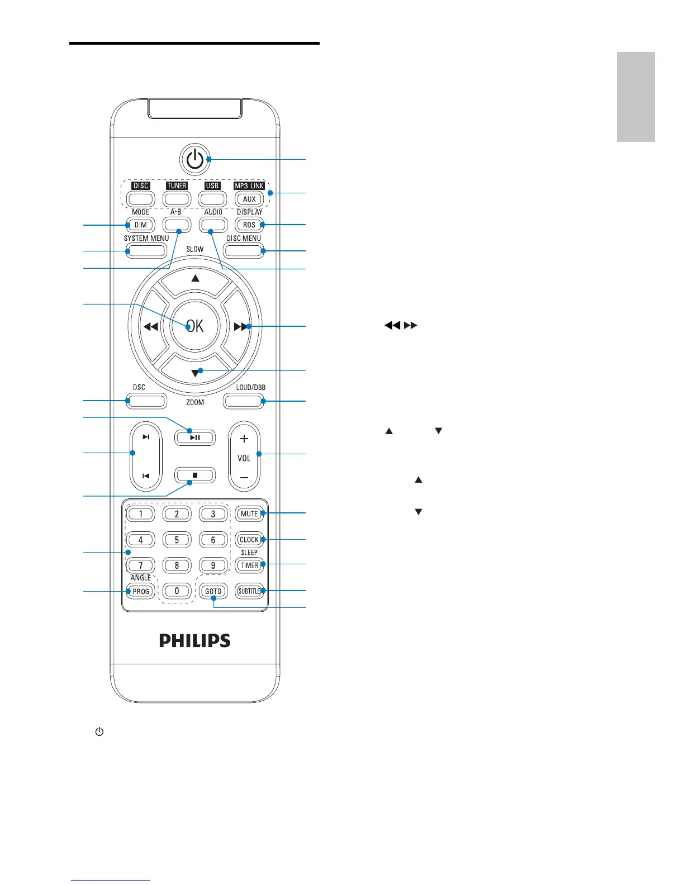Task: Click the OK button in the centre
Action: tap(195, 326)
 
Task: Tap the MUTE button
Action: tap(249, 513)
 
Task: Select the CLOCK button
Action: tap(249, 540)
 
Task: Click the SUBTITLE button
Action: tap(249, 591)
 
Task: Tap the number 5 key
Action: tap(177, 540)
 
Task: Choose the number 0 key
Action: tap(177, 591)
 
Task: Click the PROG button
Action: tap(140, 591)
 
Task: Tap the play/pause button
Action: tap(195, 437)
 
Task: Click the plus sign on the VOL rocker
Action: tap(244, 439)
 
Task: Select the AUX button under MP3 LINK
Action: tap(249, 199)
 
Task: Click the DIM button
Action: tap(140, 225)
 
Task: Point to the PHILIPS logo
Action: tap(195, 640)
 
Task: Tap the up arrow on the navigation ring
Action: tap(195, 278)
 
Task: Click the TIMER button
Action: tap(249, 565)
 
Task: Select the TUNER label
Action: tap(177, 185)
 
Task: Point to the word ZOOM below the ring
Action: tap(195, 402)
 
